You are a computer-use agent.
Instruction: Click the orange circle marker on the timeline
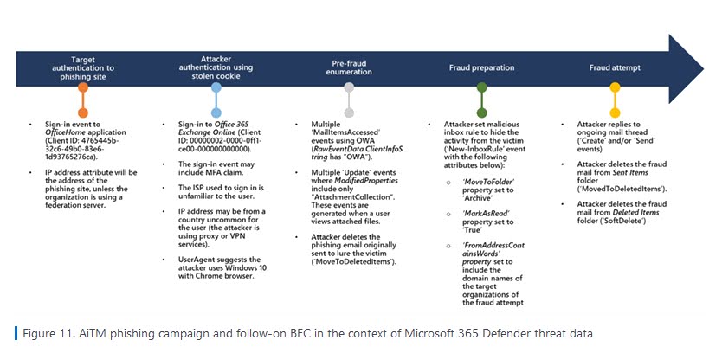point(82,87)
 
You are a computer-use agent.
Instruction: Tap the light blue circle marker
point(215,87)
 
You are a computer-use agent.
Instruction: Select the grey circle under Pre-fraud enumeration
point(348,87)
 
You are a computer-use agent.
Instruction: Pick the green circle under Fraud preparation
point(481,87)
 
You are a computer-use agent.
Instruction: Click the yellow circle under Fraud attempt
point(615,87)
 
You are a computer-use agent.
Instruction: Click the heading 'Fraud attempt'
point(614,67)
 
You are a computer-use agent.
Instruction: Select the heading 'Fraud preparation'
point(480,67)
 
